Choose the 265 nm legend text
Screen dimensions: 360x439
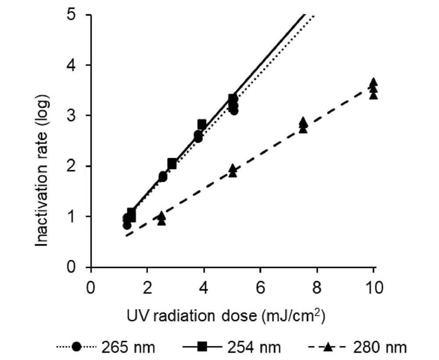[128, 347]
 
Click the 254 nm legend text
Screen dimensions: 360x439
[254, 347]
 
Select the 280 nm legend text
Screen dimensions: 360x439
[380, 347]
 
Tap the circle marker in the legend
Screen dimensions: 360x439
[77, 347]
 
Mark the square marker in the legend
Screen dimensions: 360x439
[203, 347]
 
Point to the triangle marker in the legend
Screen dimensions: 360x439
[328, 347]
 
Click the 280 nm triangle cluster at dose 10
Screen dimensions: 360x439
[373, 88]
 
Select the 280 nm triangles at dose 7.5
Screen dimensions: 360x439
[303, 125]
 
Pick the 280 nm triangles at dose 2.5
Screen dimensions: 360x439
[162, 218]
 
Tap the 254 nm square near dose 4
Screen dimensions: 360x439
[202, 125]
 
